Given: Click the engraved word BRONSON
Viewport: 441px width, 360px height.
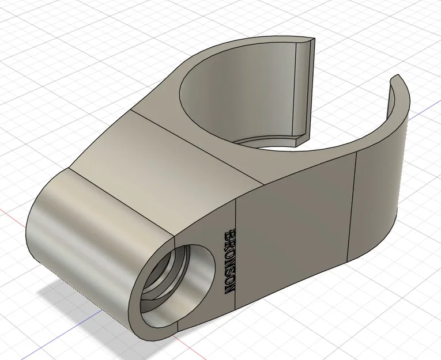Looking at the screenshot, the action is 229,262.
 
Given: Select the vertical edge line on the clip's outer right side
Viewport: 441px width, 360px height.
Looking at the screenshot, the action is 352,207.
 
